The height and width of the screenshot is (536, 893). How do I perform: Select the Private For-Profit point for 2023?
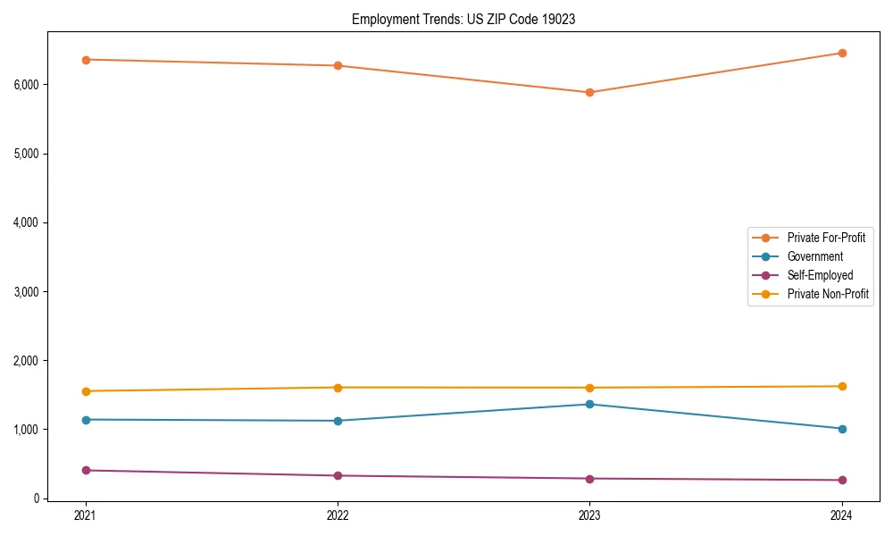[589, 92]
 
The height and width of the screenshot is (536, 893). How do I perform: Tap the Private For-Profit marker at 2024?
[842, 53]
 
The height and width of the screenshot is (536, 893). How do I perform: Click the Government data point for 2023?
[589, 404]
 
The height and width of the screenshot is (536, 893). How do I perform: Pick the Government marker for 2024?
[842, 429]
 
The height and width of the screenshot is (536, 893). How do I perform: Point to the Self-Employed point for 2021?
[86, 470]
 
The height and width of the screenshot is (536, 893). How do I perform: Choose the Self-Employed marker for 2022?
[338, 475]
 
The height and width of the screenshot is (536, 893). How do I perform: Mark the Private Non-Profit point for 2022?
[338, 387]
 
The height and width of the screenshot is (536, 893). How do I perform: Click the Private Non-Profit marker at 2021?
[86, 391]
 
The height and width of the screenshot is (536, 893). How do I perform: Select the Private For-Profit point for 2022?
[338, 65]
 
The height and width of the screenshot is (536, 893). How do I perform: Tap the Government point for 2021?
[86, 420]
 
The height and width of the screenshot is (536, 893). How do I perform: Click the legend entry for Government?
[814, 256]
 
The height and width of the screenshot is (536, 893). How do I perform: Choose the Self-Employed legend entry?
[820, 275]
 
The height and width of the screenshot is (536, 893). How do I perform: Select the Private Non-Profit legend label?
[828, 294]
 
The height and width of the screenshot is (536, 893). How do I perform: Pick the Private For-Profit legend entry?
[826, 238]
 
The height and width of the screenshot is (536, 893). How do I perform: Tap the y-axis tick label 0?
[38, 498]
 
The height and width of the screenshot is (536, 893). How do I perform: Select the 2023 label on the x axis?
[589, 515]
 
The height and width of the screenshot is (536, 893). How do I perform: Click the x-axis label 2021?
[86, 515]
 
